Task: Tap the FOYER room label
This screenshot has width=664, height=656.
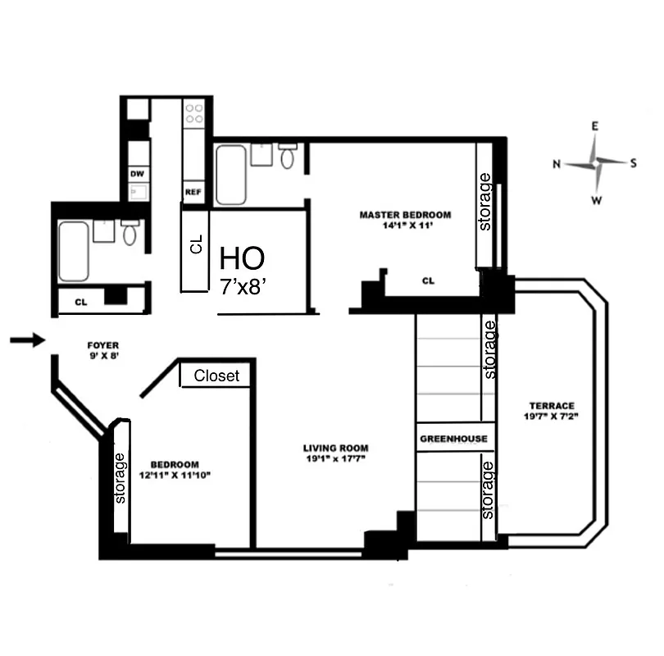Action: [103, 347]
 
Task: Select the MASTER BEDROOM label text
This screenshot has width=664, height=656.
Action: [405, 215]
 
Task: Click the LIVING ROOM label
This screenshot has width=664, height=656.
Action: [335, 448]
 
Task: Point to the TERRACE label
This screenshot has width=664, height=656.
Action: [551, 405]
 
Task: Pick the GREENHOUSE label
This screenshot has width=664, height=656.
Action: [453, 439]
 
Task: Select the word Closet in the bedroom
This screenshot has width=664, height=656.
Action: [217, 376]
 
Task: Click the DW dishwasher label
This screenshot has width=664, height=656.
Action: [137, 174]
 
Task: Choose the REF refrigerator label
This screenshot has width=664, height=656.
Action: [193, 193]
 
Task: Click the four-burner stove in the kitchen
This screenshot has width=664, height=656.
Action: [194, 114]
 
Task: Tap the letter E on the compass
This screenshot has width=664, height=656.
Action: [596, 125]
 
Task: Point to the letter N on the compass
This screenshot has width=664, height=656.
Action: [557, 164]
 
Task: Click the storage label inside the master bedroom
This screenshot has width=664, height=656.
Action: [486, 202]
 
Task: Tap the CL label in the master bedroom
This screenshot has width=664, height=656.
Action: [428, 281]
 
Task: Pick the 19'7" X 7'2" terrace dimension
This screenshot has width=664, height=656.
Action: [551, 417]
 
